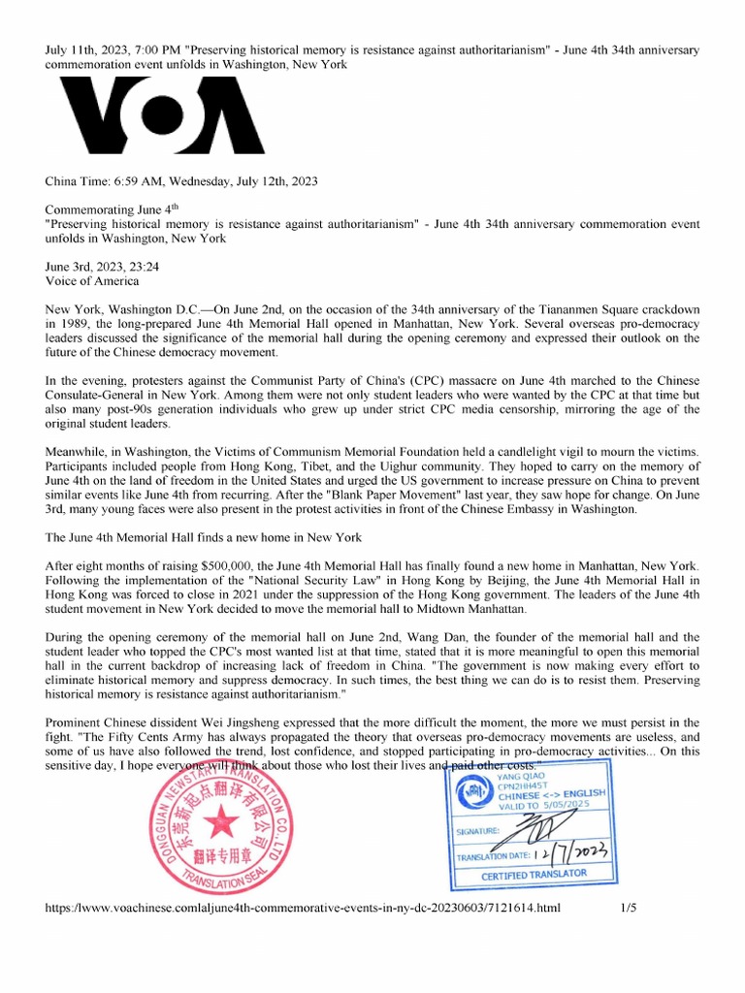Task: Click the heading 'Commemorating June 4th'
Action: coord(113,208)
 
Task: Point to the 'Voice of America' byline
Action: coord(92,281)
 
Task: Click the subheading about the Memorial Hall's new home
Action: coord(204,537)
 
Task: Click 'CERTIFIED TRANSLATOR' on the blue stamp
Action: coord(534,877)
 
